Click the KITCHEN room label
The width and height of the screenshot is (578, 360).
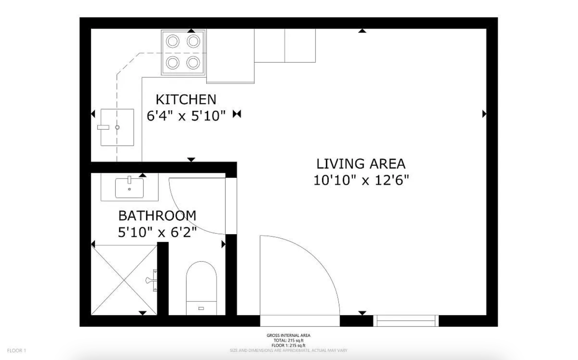pyautogui.click(x=186, y=99)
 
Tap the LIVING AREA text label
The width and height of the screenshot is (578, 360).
pyautogui.click(x=361, y=164)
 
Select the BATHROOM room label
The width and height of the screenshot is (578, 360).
pyautogui.click(x=157, y=216)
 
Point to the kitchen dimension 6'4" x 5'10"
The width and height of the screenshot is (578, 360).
pyautogui.click(x=186, y=116)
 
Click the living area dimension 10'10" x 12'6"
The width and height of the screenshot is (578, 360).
pyautogui.click(x=361, y=180)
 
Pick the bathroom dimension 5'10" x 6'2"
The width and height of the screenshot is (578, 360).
pyautogui.click(x=157, y=232)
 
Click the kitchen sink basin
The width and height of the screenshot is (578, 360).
pyautogui.click(x=117, y=127)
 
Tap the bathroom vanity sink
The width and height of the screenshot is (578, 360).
pyautogui.click(x=129, y=188)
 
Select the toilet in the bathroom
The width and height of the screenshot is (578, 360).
pyautogui.click(x=201, y=288)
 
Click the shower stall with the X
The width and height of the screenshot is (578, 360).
pyautogui.click(x=124, y=280)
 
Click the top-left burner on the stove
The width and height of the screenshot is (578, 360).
pyautogui.click(x=173, y=42)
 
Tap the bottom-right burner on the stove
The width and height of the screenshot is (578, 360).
pyautogui.click(x=193, y=62)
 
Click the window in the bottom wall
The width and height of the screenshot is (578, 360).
pyautogui.click(x=406, y=321)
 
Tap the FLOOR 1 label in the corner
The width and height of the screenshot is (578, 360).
pyautogui.click(x=16, y=350)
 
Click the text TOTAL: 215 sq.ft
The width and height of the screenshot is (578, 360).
pyautogui.click(x=288, y=340)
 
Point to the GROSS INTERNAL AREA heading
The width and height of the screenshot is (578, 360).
pyautogui.click(x=288, y=335)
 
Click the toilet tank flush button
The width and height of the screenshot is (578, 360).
pyautogui.click(x=201, y=308)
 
